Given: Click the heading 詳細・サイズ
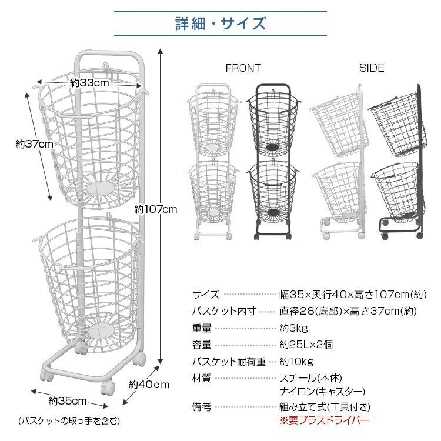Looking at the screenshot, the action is (220, 24).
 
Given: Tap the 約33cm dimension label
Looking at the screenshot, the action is (89, 83).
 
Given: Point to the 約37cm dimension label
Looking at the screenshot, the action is (34, 144).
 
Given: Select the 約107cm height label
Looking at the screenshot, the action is (156, 209).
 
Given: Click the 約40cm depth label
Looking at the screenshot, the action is (149, 385).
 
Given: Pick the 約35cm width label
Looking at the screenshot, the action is (68, 401).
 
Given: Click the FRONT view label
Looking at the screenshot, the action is (243, 68).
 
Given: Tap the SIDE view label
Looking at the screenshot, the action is (372, 68).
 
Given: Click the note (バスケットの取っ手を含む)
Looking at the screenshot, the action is (69, 421).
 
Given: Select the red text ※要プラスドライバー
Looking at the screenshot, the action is (324, 420).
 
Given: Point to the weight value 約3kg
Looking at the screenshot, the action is (293, 328).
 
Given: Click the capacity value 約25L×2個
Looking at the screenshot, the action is (306, 345).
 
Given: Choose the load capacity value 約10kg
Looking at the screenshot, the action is (296, 362).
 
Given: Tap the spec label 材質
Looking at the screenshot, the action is (202, 378).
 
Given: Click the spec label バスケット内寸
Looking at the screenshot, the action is (224, 311).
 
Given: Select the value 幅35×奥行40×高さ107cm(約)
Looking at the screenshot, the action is (353, 295).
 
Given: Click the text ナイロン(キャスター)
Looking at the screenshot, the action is (322, 392).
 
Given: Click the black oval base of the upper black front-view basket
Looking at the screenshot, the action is (272, 147).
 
